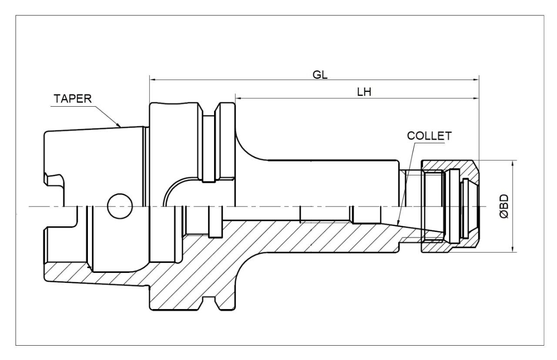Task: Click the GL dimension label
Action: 320,74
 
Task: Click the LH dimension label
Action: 364,92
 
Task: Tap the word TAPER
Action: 73,99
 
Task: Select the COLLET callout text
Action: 429,136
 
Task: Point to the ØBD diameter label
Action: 504,206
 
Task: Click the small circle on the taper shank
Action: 120,206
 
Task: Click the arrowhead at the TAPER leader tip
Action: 118,124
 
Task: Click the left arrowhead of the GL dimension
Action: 152,80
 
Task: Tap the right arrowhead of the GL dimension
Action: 476,80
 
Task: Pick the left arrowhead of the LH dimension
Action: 238,98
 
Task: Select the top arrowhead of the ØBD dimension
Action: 513,163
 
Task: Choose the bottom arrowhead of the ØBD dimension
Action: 513,249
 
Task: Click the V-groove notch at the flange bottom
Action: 209,303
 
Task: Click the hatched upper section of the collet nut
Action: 450,167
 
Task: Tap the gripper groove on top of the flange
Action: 209,109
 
